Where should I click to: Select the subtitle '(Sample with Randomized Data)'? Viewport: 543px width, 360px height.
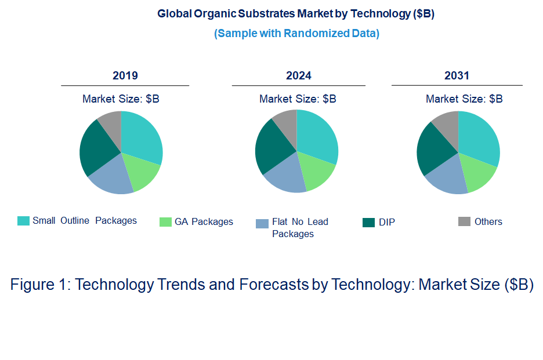(296, 33)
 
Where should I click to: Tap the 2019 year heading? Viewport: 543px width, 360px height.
(125, 76)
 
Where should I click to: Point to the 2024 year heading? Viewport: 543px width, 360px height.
(298, 76)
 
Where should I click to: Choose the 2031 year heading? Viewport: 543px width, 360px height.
(457, 76)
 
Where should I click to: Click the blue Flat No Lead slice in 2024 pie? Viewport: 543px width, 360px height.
(284, 176)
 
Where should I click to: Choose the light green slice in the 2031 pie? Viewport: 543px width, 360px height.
(479, 176)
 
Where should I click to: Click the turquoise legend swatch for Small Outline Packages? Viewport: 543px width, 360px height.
(23, 221)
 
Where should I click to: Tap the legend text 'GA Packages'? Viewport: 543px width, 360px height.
(204, 221)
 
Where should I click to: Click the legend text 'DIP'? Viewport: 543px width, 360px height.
(386, 222)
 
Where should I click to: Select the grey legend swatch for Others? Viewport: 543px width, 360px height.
(464, 221)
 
